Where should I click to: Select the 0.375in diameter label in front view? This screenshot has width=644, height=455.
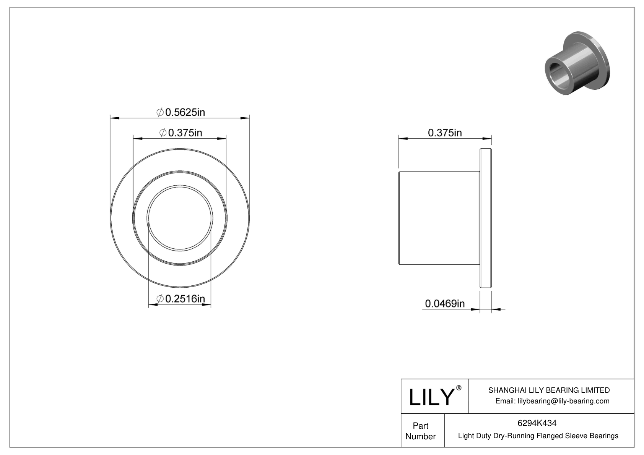pyautogui.click(x=181, y=133)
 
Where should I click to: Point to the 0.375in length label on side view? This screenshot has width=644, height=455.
pyautogui.click(x=445, y=133)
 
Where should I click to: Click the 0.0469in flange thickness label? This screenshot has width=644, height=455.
pyautogui.click(x=445, y=304)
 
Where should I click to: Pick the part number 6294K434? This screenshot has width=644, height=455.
pyautogui.click(x=537, y=423)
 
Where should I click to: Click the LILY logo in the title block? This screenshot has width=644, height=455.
pyautogui.click(x=431, y=397)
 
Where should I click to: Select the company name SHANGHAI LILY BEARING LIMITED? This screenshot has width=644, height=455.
pyautogui.click(x=549, y=390)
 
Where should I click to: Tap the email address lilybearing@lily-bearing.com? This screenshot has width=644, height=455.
pyautogui.click(x=563, y=401)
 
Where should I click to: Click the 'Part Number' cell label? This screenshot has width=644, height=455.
pyautogui.click(x=420, y=431)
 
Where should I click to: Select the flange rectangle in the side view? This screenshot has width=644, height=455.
pyautogui.click(x=486, y=218)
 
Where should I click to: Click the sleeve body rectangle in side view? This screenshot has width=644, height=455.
pyautogui.click(x=439, y=218)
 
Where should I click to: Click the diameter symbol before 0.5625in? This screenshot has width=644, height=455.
pyautogui.click(x=160, y=112)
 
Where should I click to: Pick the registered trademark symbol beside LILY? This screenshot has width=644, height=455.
pyautogui.click(x=459, y=388)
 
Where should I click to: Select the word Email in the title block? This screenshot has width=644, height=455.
pyautogui.click(x=505, y=401)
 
